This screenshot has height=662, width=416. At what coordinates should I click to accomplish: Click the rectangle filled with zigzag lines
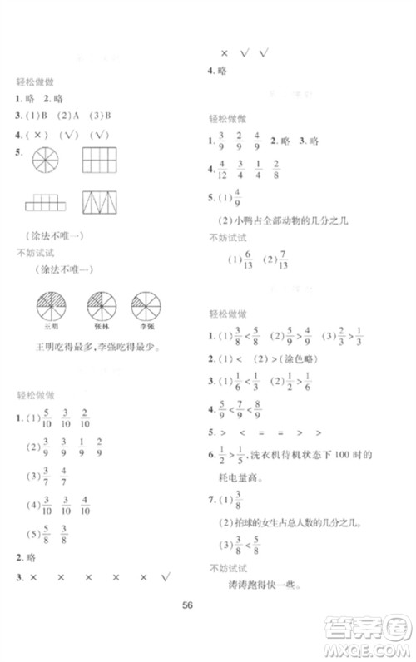click(x=98, y=203)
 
